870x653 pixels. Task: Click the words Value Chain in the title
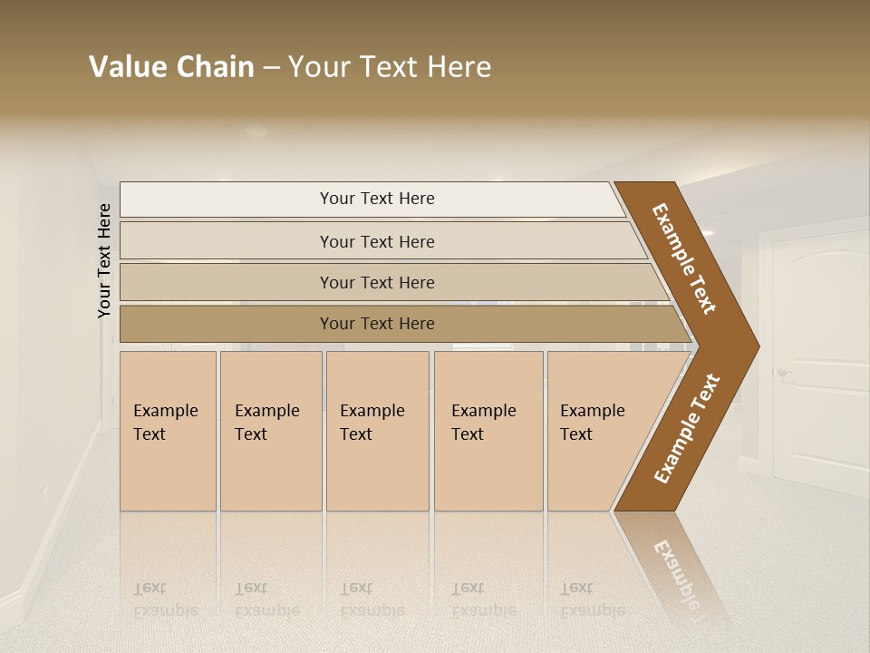(171, 67)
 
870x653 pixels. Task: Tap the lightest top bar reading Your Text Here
(376, 199)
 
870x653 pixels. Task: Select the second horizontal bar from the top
(376, 241)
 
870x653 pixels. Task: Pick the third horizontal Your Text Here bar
(376, 282)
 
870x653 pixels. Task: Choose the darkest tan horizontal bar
(376, 324)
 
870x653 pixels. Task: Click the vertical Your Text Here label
(104, 260)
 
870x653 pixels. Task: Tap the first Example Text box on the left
(168, 431)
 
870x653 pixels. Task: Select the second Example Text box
(270, 431)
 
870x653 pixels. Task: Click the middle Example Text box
(377, 431)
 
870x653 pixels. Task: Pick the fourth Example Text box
(488, 431)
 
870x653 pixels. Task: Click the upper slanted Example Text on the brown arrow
(684, 258)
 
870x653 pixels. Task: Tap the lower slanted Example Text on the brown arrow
(687, 428)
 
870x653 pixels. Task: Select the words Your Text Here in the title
(390, 67)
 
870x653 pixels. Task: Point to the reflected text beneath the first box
(165, 599)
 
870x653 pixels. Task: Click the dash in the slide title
(271, 67)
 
